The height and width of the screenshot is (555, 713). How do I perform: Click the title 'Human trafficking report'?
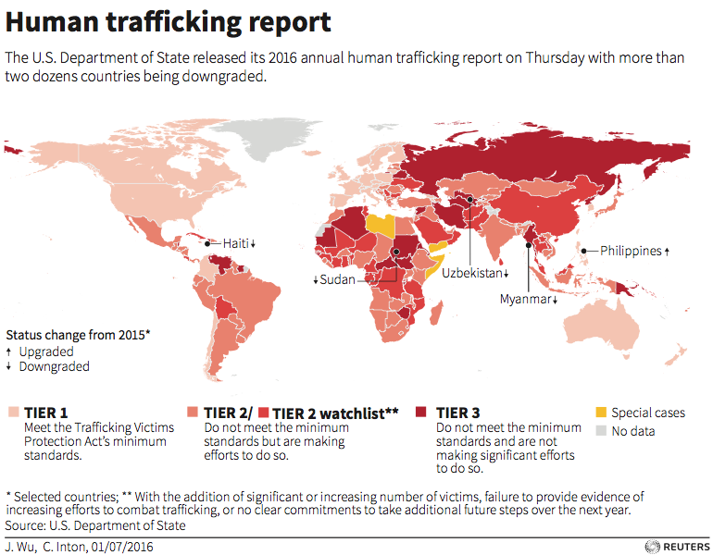coord(169,21)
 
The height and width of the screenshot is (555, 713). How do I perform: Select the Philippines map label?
coord(630,251)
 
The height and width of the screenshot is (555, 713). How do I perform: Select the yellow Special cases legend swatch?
coord(602,413)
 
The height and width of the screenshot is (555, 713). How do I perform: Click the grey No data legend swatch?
coord(602,430)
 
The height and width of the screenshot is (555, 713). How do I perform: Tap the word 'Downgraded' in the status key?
coord(55,366)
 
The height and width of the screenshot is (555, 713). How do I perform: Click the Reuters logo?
coord(674,546)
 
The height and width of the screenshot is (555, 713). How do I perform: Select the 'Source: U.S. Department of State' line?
coord(95,525)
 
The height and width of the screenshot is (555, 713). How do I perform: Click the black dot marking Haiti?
coord(207,243)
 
